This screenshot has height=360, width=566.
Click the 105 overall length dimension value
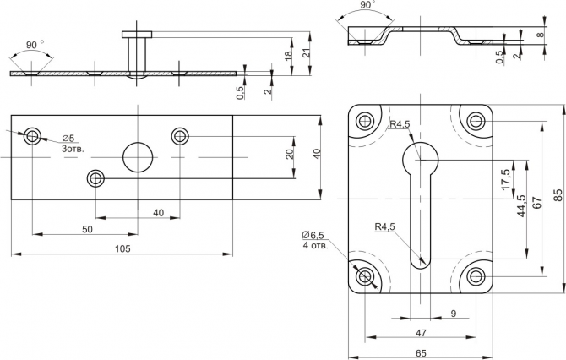click(122, 248)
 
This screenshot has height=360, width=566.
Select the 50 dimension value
click(87, 229)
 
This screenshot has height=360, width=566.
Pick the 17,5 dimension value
click(505, 178)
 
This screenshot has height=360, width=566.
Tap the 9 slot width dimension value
click(454, 314)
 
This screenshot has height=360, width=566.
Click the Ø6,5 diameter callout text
click(313, 235)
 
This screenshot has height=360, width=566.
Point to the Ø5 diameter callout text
click(68, 138)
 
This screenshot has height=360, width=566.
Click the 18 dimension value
click(289, 56)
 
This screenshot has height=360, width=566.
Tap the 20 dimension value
click(289, 155)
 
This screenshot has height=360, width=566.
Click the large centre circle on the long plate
click(138, 156)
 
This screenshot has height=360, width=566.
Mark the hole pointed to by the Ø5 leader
click(32, 135)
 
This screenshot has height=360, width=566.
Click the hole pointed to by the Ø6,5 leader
click(365, 275)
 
